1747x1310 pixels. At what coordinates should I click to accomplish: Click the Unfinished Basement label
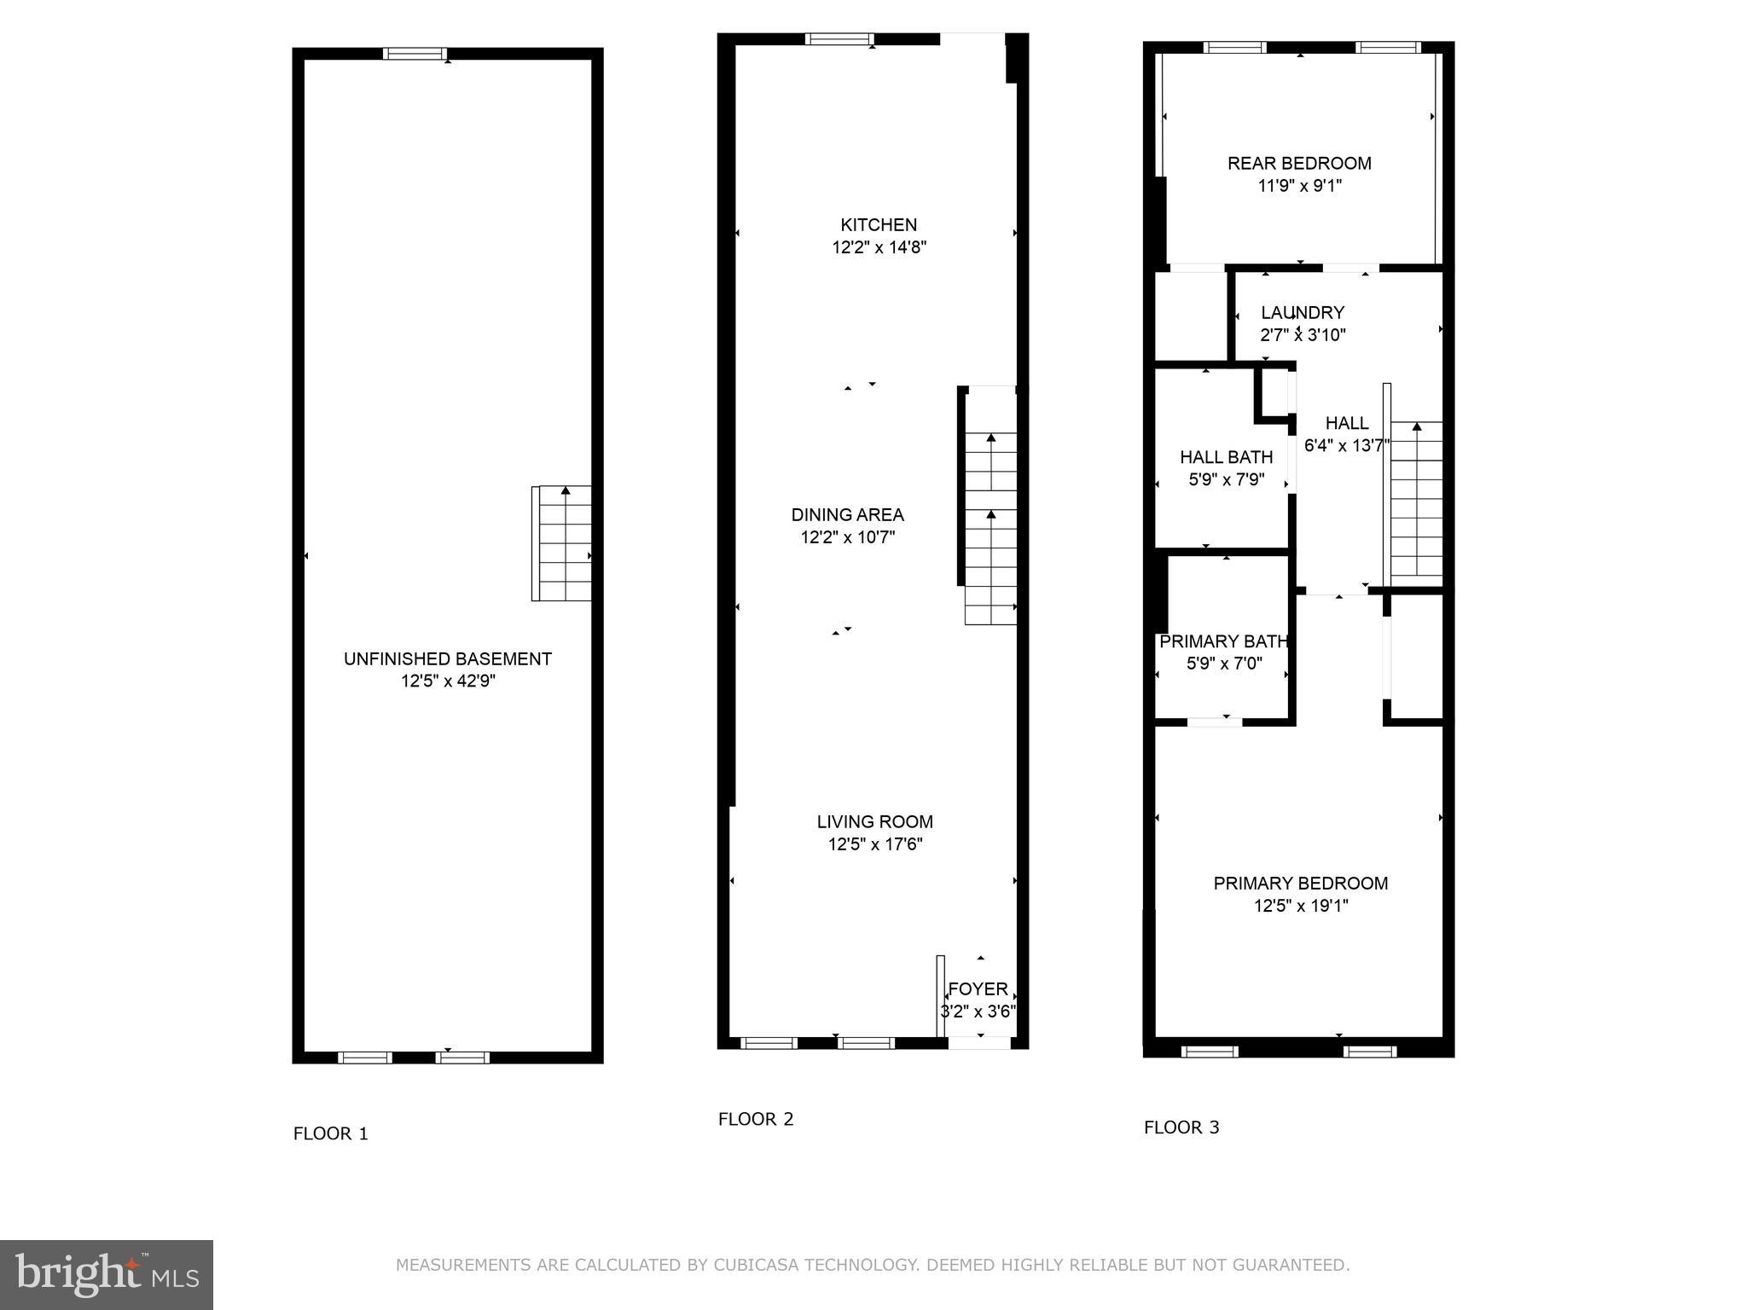[447, 658]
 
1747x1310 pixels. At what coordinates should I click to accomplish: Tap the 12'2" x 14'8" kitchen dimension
[879, 247]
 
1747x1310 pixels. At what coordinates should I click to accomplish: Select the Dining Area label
[847, 514]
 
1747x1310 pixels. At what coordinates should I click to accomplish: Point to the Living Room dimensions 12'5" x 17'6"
[875, 844]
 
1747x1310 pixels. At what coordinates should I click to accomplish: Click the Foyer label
[978, 988]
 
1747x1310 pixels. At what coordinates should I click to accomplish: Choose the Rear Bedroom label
[1299, 163]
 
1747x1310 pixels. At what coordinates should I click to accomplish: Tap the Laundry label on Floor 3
[1303, 312]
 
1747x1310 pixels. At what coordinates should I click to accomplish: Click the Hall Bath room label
[1226, 457]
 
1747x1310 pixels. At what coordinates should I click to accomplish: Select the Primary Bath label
[1223, 641]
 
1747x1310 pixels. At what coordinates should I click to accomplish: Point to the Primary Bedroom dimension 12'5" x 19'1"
[1301, 906]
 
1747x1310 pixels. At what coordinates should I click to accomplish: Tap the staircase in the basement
[563, 543]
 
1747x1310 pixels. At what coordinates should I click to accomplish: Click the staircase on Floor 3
[1416, 503]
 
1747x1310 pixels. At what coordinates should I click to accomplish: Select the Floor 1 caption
[330, 1133]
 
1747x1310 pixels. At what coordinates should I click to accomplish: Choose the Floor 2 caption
[756, 1119]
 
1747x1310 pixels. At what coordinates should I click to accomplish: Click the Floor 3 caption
[1181, 1127]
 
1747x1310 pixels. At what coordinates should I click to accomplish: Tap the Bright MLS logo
[107, 1274]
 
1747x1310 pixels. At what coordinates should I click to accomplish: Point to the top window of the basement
[415, 54]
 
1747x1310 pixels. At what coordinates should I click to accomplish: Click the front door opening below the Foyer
[979, 1042]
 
